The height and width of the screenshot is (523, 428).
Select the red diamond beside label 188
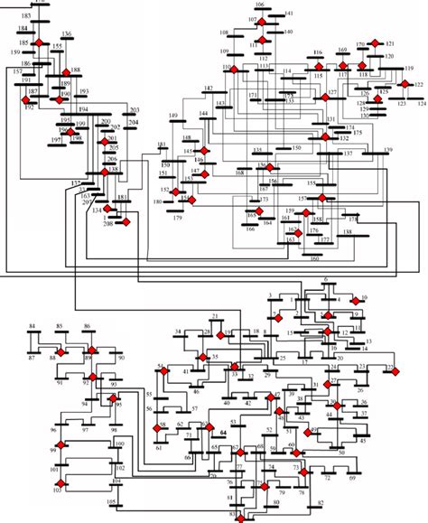(64, 71)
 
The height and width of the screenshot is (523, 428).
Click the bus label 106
(260, 5)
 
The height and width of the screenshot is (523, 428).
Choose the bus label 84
(32, 324)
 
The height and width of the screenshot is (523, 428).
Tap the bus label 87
(32, 359)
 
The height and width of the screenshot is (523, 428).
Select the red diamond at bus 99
(54, 449)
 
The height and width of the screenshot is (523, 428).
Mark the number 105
(111, 500)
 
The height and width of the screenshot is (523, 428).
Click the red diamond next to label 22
(392, 369)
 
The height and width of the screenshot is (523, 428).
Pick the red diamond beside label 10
(355, 298)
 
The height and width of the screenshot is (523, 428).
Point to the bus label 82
(319, 501)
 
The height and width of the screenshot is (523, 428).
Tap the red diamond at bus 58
(163, 427)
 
